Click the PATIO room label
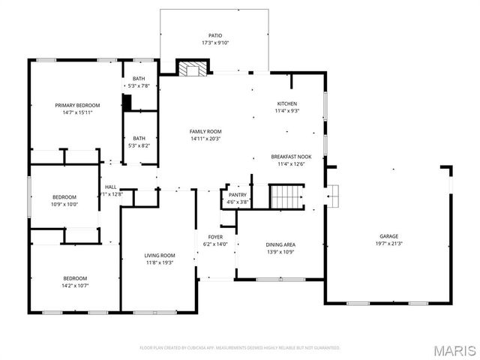pos(215,35)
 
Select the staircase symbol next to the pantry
pos(286,197)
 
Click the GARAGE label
pos(388,235)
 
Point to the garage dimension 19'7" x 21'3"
pos(388,243)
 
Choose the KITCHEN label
pos(287,103)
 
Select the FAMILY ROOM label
pos(205,131)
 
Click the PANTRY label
pos(238,194)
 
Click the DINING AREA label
pos(280,244)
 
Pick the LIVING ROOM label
pos(159,256)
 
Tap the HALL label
pos(110,187)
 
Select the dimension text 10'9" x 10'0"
pos(64,204)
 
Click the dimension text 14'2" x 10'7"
pos(74,285)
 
